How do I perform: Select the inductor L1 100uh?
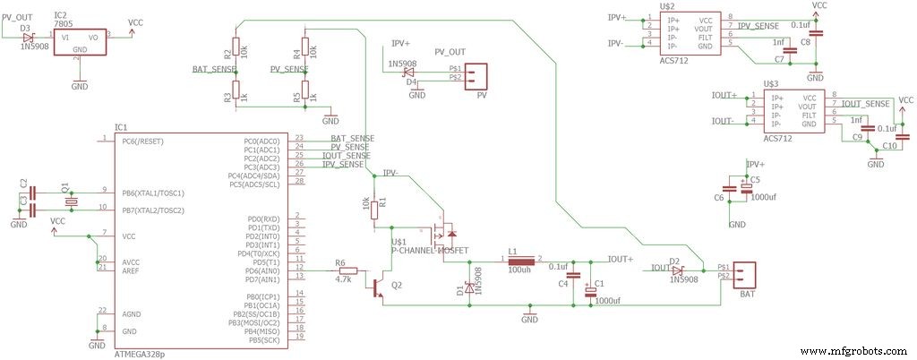[518, 259]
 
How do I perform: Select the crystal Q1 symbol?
[72, 201]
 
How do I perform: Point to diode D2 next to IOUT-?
[677, 268]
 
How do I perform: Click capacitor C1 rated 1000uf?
[589, 288]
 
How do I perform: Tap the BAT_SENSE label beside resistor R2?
[211, 69]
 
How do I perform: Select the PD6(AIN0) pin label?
[261, 270]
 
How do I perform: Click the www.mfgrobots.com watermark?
[854, 351]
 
